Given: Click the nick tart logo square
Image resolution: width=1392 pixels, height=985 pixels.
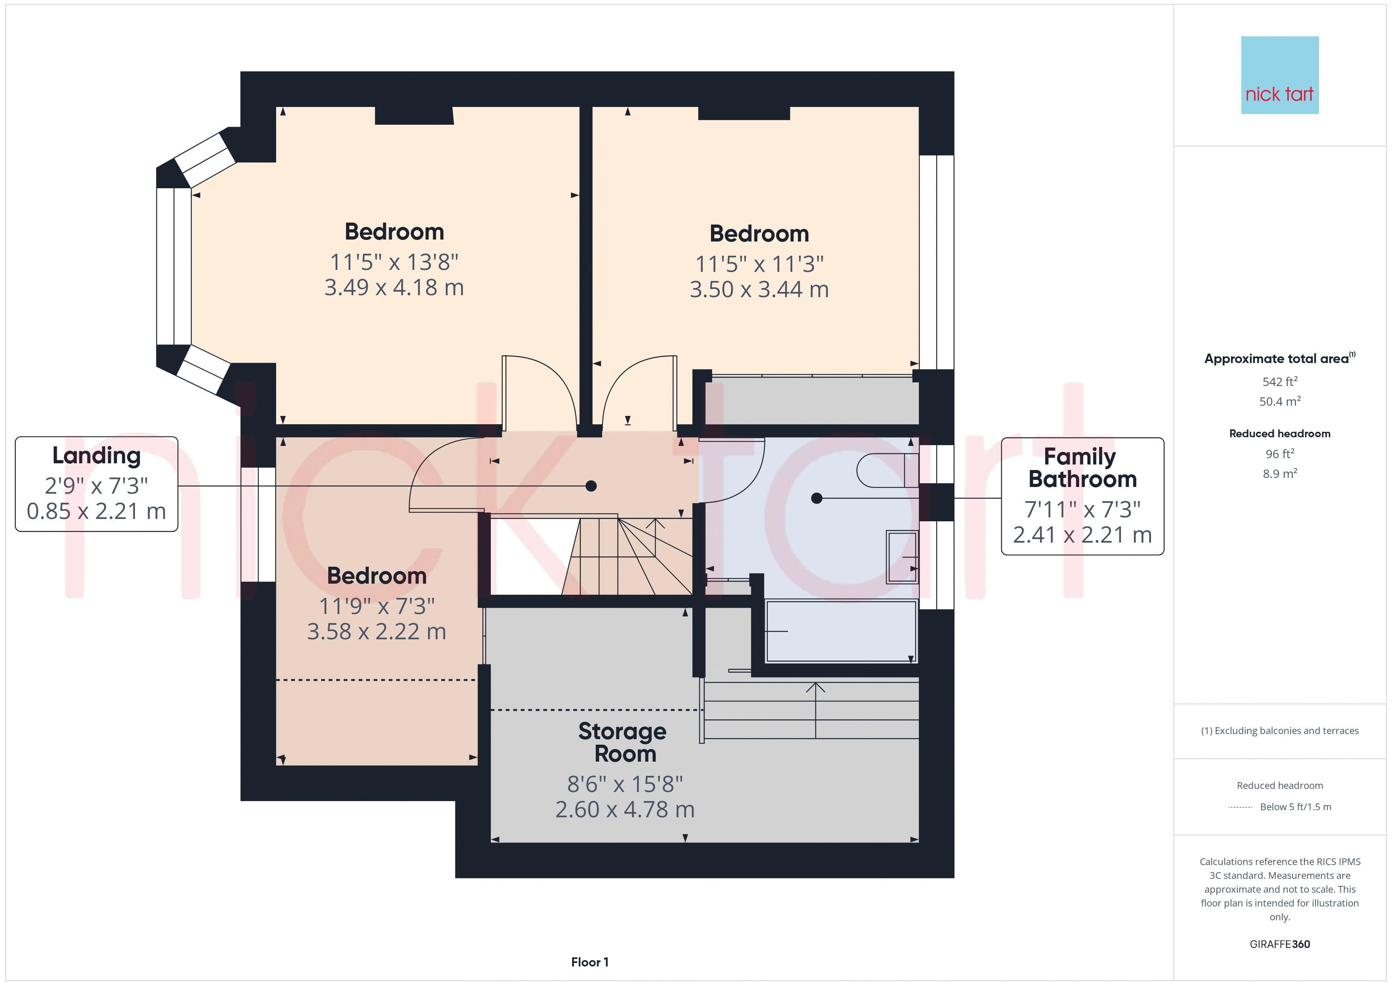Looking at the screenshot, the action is pyautogui.click(x=1280, y=75).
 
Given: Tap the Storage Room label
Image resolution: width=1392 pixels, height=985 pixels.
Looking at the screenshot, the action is pyautogui.click(x=623, y=742).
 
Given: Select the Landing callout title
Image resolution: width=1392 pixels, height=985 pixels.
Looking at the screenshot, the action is pyautogui.click(x=96, y=455).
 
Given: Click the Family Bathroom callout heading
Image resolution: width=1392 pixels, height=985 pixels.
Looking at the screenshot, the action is pyautogui.click(x=1082, y=468).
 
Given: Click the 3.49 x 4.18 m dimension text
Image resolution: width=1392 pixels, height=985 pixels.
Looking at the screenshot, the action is pyautogui.click(x=394, y=288).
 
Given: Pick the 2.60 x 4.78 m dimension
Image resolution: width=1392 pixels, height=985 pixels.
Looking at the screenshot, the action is pyautogui.click(x=625, y=810).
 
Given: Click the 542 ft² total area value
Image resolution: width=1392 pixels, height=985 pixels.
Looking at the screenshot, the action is pyautogui.click(x=1280, y=382).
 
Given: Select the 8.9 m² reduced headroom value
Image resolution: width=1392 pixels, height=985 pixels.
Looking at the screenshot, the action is pyautogui.click(x=1280, y=474).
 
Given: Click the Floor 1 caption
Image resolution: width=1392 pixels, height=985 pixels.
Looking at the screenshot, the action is pyautogui.click(x=590, y=962).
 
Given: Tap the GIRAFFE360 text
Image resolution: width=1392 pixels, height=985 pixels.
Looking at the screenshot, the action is pyautogui.click(x=1280, y=944).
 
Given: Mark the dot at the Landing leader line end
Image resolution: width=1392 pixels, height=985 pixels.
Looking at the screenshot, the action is pyautogui.click(x=591, y=486).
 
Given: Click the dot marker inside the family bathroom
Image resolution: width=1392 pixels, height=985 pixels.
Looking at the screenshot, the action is pyautogui.click(x=817, y=498).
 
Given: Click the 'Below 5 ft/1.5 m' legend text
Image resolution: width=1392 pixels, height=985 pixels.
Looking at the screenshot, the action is pyautogui.click(x=1296, y=807).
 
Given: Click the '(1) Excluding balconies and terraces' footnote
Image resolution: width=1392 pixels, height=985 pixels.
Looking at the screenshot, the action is pyautogui.click(x=1280, y=731).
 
